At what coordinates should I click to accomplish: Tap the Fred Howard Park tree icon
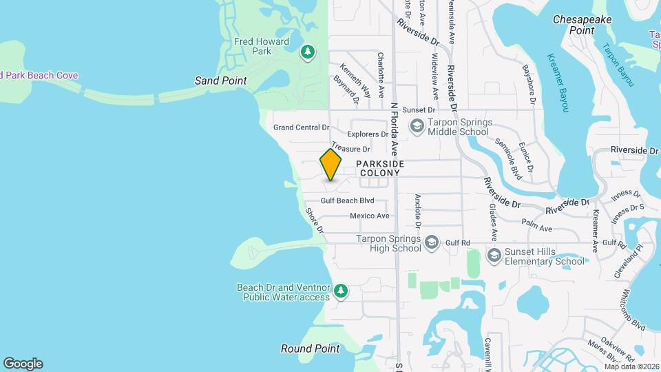(x=308, y=52)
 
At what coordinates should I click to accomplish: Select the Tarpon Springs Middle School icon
(x=417, y=126)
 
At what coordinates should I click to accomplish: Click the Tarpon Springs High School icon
(x=431, y=242)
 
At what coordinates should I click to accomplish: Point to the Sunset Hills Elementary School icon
(x=494, y=256)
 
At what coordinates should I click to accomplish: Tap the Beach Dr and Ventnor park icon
(x=340, y=292)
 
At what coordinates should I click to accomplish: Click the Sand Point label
(x=220, y=81)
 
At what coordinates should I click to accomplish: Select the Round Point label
(x=310, y=349)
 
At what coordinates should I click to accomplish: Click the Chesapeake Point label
(x=583, y=25)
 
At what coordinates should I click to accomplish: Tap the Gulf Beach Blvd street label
(x=347, y=200)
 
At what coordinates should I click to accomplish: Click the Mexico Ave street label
(x=369, y=216)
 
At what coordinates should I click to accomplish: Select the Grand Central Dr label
(x=302, y=127)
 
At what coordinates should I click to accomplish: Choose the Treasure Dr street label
(x=350, y=148)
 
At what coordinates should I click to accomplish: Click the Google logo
(x=23, y=364)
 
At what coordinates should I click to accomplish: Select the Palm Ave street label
(x=537, y=228)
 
